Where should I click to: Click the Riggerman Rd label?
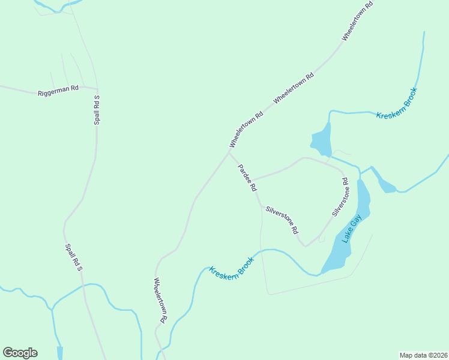point(58,92)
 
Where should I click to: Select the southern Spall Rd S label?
point(73,257)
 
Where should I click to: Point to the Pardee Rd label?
point(247,178)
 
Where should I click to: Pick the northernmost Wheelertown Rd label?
point(358,20)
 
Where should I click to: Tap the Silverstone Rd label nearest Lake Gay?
point(340,197)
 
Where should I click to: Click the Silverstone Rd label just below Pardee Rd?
point(282,220)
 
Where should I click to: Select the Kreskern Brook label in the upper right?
point(396,103)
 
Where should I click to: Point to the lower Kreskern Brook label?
point(232,265)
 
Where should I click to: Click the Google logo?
point(20,353)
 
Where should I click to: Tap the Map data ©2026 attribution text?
point(423,355)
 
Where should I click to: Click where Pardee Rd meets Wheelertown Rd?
point(229,152)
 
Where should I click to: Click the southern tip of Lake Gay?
point(324,272)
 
